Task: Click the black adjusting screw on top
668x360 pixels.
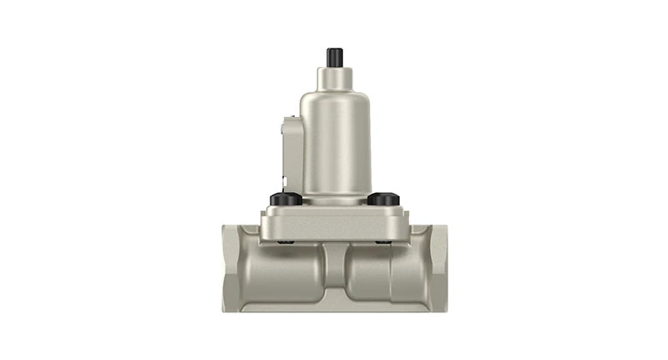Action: click(335, 57)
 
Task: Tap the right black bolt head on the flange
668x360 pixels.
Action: click(382, 199)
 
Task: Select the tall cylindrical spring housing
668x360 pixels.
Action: click(334, 142)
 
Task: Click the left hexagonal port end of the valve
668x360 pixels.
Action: click(235, 267)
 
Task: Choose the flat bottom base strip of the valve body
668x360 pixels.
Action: click(333, 307)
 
